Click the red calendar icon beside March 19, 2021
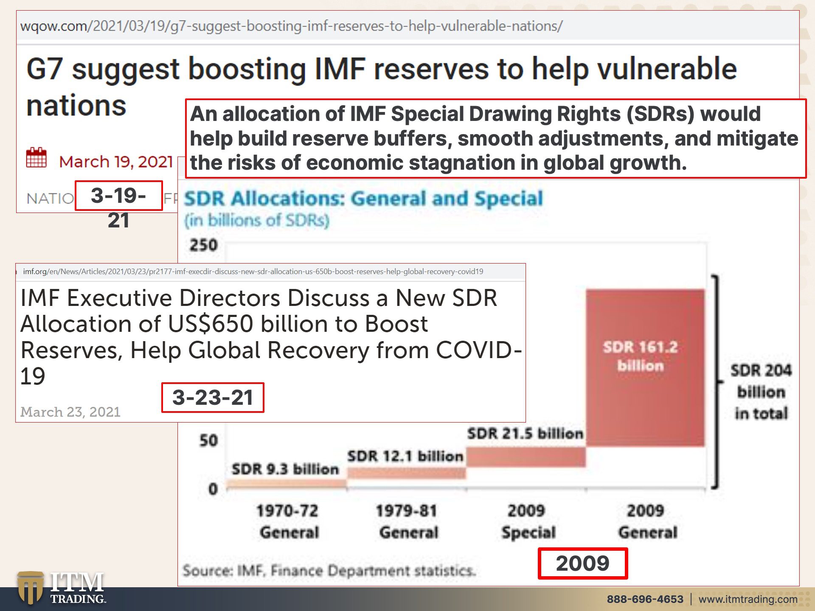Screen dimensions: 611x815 coord(37,158)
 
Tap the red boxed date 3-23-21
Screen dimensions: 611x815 coord(213,398)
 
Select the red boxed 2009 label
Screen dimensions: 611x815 coord(582,563)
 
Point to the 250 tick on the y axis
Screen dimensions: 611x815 coord(204,245)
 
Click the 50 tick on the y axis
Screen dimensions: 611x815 coord(208,440)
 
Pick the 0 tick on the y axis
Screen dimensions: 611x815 coord(213,489)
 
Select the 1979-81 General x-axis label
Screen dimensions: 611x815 coord(408,521)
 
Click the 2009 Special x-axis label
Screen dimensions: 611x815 coord(528,521)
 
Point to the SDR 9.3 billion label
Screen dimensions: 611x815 coord(285,469)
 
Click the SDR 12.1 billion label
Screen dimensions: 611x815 coord(405,456)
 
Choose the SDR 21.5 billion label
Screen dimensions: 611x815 coord(525,434)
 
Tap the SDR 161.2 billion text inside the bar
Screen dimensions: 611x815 coord(641,356)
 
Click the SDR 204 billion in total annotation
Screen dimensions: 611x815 coord(761,392)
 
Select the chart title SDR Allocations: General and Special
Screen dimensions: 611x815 coord(363,199)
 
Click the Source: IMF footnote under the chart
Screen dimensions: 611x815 coord(329,571)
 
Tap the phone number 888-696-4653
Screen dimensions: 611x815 coord(645,599)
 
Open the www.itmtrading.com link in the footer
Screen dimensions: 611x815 coord(748,599)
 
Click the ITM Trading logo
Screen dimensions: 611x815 coord(62,588)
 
